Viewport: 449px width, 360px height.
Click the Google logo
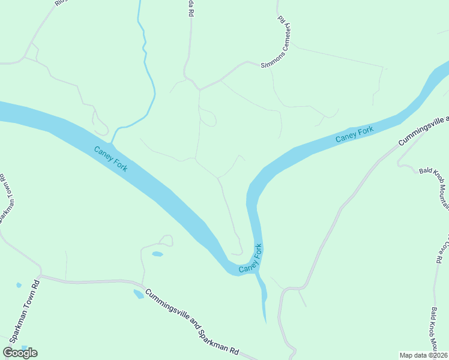click(x=20, y=352)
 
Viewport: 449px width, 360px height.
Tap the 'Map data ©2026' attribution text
click(x=423, y=355)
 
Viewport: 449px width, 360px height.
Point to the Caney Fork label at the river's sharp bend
click(x=251, y=259)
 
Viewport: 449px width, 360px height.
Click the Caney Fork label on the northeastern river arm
click(x=354, y=134)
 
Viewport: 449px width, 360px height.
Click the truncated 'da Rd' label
click(x=191, y=12)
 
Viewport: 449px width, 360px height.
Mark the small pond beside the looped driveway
click(x=157, y=254)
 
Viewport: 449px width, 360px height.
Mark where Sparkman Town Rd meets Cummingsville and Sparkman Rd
click(x=40, y=277)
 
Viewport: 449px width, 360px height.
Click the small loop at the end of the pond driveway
click(x=166, y=240)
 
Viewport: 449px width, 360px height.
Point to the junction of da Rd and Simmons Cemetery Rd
click(x=199, y=89)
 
